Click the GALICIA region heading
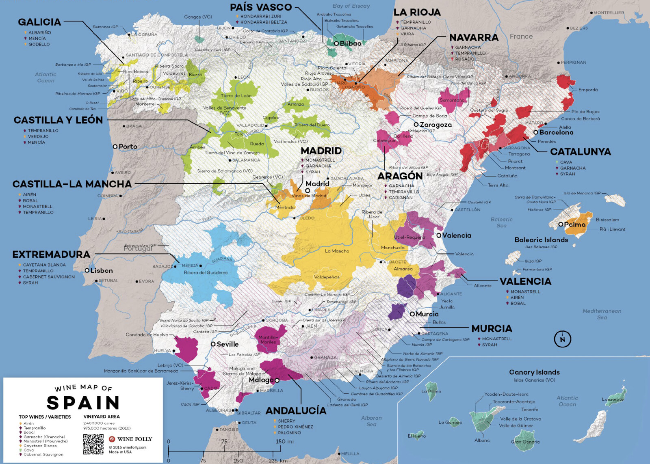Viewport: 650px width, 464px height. tap(39, 22)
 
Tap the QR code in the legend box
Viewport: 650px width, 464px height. tap(93, 444)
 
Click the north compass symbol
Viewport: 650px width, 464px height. tap(562, 339)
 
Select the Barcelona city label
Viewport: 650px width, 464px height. tap(556, 132)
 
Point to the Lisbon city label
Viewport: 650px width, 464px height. tap(102, 271)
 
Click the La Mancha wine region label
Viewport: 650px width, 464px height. tap(337, 251)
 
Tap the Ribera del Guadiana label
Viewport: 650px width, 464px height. tap(206, 273)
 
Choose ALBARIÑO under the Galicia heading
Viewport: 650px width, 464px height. tap(39, 32)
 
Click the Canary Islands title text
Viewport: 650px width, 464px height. tap(534, 372)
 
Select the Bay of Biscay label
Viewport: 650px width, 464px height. tap(351, 6)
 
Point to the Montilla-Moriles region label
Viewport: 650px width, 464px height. tap(268, 340)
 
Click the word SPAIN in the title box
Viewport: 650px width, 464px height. tap(83, 403)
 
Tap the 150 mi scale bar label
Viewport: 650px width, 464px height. tap(284, 441)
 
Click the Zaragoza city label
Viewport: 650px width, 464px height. tap(435, 125)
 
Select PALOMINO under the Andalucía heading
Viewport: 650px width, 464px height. tap(289, 433)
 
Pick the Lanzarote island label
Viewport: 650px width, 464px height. tap(612, 399)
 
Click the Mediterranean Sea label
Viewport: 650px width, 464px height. tap(602, 314)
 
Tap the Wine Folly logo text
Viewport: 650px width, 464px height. tap(134, 439)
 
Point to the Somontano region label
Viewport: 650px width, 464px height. tap(452, 100)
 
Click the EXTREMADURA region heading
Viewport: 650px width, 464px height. tap(51, 255)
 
